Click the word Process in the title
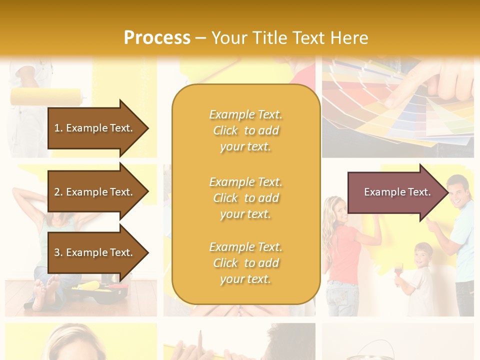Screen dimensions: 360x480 coord(157,37)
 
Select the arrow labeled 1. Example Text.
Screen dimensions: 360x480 coord(97,128)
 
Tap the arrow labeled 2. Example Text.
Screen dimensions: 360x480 coord(97,192)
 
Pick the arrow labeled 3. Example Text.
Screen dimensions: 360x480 coord(97,252)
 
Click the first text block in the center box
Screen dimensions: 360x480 coord(245,130)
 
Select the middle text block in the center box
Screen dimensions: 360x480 coord(245,198)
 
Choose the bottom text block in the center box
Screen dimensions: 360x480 coord(245,263)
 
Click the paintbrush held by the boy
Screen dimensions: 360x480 coord(398,270)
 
